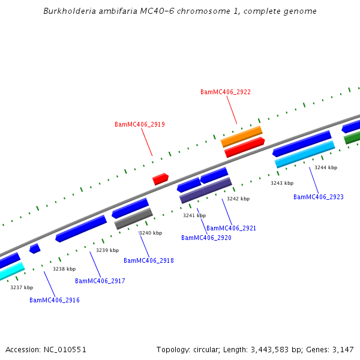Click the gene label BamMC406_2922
point(226,92)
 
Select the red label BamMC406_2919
point(140,124)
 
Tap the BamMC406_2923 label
point(319,197)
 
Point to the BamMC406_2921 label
point(232,228)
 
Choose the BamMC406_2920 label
point(206,238)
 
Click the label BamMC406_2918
point(149,260)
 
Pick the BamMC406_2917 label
point(100,281)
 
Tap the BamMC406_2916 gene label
point(55,300)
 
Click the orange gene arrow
point(242,136)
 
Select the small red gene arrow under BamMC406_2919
point(160,179)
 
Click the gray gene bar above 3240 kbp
point(134,219)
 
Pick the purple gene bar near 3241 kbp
point(206,190)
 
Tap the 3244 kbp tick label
point(326,167)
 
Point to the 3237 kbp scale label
point(22,287)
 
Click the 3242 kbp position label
point(238,199)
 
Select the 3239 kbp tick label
point(107,250)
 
